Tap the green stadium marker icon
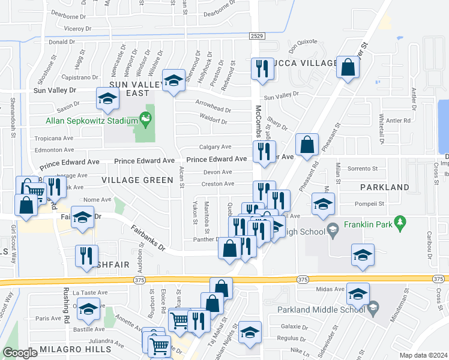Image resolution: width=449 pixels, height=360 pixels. (x=145, y=118)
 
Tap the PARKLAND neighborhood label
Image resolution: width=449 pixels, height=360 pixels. (x=384, y=187)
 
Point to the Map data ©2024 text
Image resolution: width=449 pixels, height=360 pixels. (x=424, y=355)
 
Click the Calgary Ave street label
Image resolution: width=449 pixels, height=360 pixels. (x=215, y=147)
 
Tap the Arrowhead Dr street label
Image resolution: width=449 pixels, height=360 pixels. (x=213, y=110)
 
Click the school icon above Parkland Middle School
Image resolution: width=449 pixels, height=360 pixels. (x=358, y=293)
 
